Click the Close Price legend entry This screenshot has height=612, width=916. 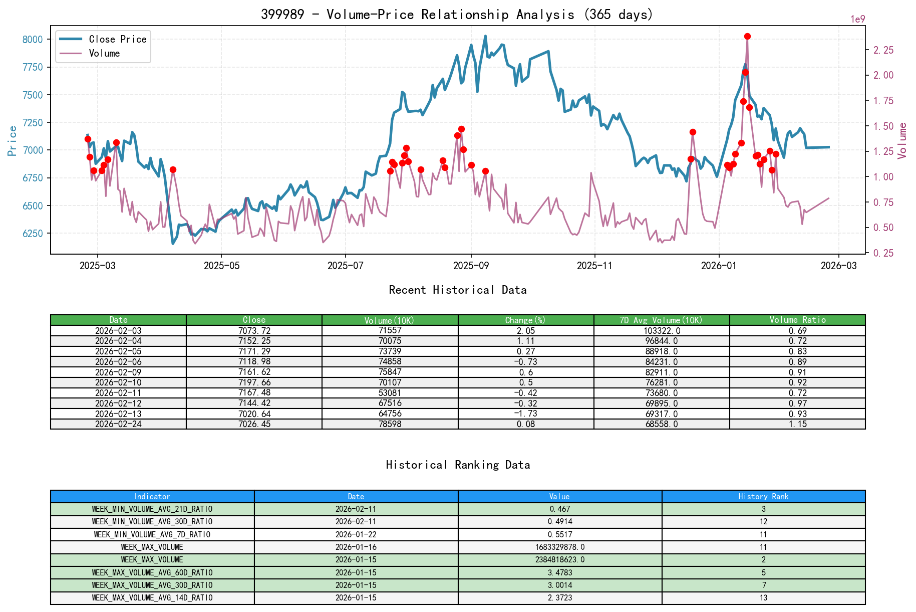click(117, 39)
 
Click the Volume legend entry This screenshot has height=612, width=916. click(104, 53)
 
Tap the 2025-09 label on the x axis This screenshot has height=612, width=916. click(470, 266)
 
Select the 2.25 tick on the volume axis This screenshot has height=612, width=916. click(883, 50)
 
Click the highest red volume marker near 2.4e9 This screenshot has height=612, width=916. click(747, 36)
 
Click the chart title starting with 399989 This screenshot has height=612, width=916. click(457, 14)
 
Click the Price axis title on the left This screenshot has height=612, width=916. click(12, 141)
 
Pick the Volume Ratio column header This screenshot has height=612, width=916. click(797, 320)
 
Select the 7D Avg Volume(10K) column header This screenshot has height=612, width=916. click(661, 320)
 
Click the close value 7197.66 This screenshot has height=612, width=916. click(254, 382)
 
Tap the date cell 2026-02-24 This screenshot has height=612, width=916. click(118, 424)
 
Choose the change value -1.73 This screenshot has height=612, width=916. click(525, 414)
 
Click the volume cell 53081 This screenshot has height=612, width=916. click(390, 392)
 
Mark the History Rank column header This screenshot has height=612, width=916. click(763, 496)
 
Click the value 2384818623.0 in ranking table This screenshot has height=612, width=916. click(559, 559)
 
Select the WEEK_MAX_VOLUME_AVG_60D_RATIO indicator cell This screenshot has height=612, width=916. click(152, 572)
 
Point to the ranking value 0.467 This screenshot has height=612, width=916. click(559, 509)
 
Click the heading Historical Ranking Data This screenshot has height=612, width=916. click(458, 465)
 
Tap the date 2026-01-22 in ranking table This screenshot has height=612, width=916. click(356, 534)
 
